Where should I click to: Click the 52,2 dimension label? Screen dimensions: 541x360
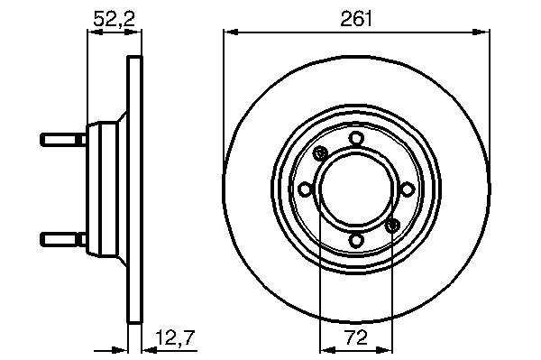[114, 19]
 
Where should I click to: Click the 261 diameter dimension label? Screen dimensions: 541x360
[356, 19]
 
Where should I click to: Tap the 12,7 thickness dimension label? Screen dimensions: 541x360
[175, 337]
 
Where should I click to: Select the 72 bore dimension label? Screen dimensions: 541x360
[356, 337]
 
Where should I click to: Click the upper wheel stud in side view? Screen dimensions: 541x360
[63, 140]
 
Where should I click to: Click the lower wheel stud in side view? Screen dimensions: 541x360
[63, 239]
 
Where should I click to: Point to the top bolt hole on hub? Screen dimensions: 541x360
[356, 139]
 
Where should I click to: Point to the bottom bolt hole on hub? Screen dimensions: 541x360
[356, 240]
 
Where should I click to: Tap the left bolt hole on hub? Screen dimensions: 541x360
[306, 189]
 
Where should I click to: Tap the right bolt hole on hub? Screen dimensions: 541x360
[408, 189]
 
